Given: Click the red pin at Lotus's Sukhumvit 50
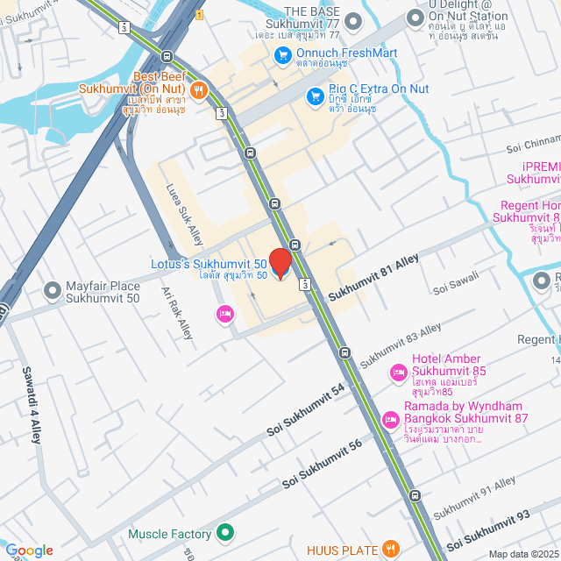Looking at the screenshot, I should [x=280, y=262].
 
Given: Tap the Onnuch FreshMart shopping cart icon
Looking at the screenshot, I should [x=282, y=54].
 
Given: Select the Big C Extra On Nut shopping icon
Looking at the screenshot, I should [x=314, y=96].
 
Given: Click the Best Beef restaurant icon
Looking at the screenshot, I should [x=200, y=89].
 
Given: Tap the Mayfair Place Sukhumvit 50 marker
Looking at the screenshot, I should [x=53, y=288].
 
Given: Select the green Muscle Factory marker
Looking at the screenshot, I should [x=225, y=533].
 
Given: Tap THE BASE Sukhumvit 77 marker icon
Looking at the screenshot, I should [x=352, y=19].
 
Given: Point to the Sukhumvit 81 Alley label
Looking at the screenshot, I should [x=373, y=280].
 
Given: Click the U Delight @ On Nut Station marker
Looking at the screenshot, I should [x=415, y=17].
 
